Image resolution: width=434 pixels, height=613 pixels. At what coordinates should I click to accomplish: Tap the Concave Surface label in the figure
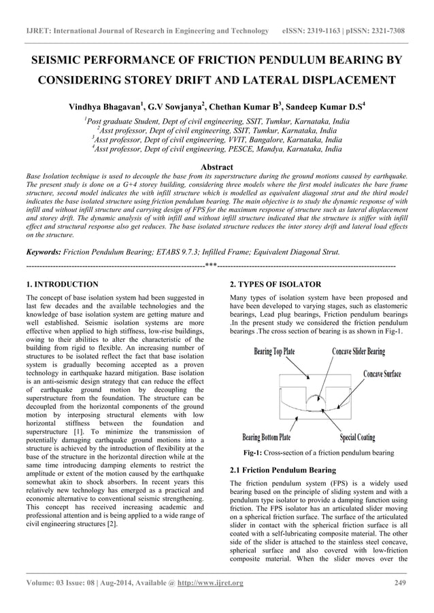(382, 374)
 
